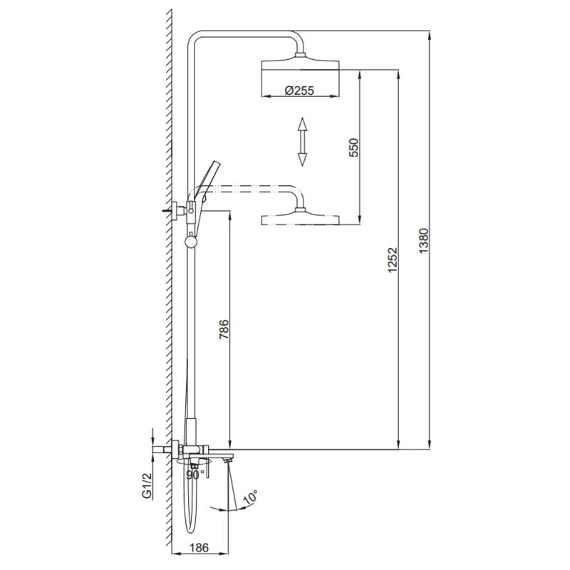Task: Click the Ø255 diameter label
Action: click(299, 90)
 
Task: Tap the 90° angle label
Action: click(195, 474)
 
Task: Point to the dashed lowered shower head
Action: click(302, 218)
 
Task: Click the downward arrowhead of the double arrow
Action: click(302, 160)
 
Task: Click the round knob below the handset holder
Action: click(190, 242)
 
